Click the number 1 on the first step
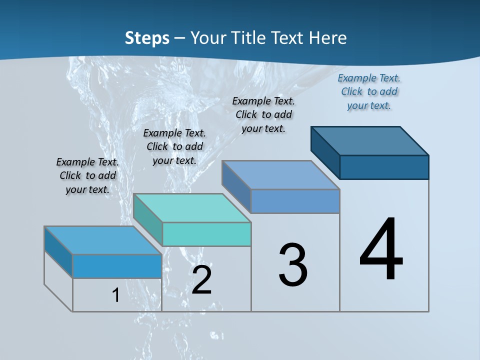pos(116,295)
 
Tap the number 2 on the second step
pos(202,280)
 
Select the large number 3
pos(293,265)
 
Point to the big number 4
pos(381,250)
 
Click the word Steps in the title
pos(147,38)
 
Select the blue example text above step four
pos(369,91)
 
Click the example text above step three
pos(263,114)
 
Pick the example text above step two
pos(174,146)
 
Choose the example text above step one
pos(87,175)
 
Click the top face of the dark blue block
pos(370,140)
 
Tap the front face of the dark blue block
pos(384,167)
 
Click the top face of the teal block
pos(192,207)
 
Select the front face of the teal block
pos(206,234)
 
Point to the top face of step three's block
pos(281,175)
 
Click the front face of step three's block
pos(295,201)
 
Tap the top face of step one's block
pos(103,240)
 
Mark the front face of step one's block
pos(117,266)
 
